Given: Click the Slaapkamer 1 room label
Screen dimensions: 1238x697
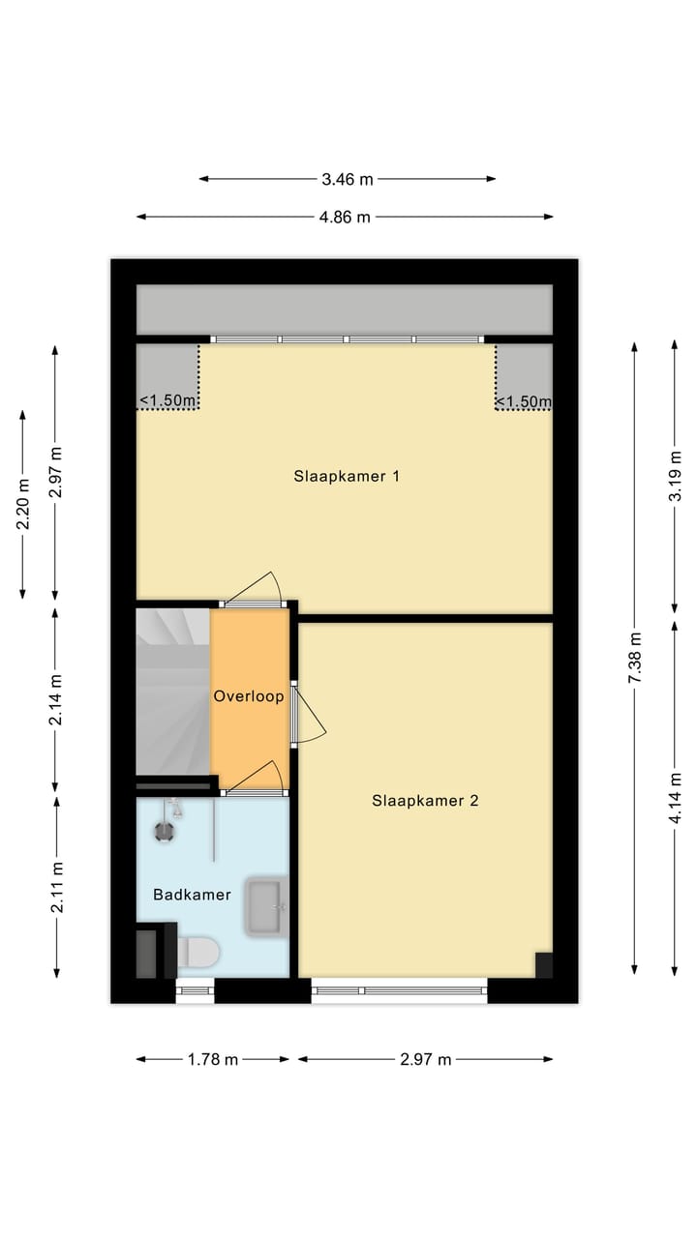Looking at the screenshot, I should pyautogui.click(x=347, y=476).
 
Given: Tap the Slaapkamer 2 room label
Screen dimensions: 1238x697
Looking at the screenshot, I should pyautogui.click(x=425, y=800).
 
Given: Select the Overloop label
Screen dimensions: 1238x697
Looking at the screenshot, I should pyautogui.click(x=249, y=696).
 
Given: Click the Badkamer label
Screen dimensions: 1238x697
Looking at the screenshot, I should pyautogui.click(x=192, y=895).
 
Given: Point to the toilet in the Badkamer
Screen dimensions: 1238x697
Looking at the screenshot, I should pyautogui.click(x=198, y=952).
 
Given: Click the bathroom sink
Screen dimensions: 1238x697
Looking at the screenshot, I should pyautogui.click(x=265, y=907).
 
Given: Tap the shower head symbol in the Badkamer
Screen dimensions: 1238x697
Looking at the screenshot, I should pyautogui.click(x=165, y=829).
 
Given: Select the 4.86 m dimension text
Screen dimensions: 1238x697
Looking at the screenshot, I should pyautogui.click(x=346, y=217).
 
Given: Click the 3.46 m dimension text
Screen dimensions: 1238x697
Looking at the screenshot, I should pyautogui.click(x=348, y=179).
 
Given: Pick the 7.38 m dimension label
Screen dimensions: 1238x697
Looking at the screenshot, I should pyautogui.click(x=635, y=659).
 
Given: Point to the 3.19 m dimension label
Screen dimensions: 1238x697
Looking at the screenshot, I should pyautogui.click(x=676, y=477).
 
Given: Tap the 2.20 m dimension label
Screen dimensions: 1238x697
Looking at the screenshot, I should pyautogui.click(x=23, y=504).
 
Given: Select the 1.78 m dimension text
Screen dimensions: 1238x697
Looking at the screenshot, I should pyautogui.click(x=213, y=1059).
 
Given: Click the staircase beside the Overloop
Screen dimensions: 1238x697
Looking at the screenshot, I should pyautogui.click(x=172, y=691).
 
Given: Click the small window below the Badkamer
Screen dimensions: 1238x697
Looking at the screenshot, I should pyautogui.click(x=195, y=989).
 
